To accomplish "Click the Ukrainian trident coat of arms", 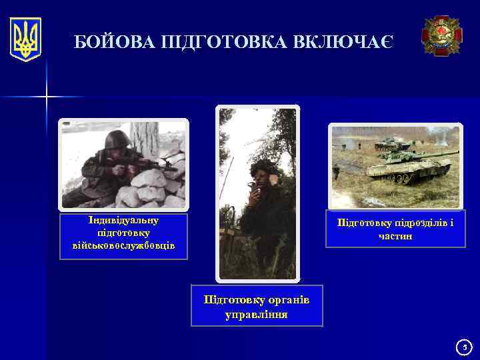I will [25, 39].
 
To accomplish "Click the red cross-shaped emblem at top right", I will [441, 36].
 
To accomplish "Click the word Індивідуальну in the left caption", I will [123, 219].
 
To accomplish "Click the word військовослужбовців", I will [123, 245].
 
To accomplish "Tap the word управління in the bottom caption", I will [257, 314].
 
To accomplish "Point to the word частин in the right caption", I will [395, 236].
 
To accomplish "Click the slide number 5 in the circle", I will [466, 347].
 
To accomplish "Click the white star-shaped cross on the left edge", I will [47, 98].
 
